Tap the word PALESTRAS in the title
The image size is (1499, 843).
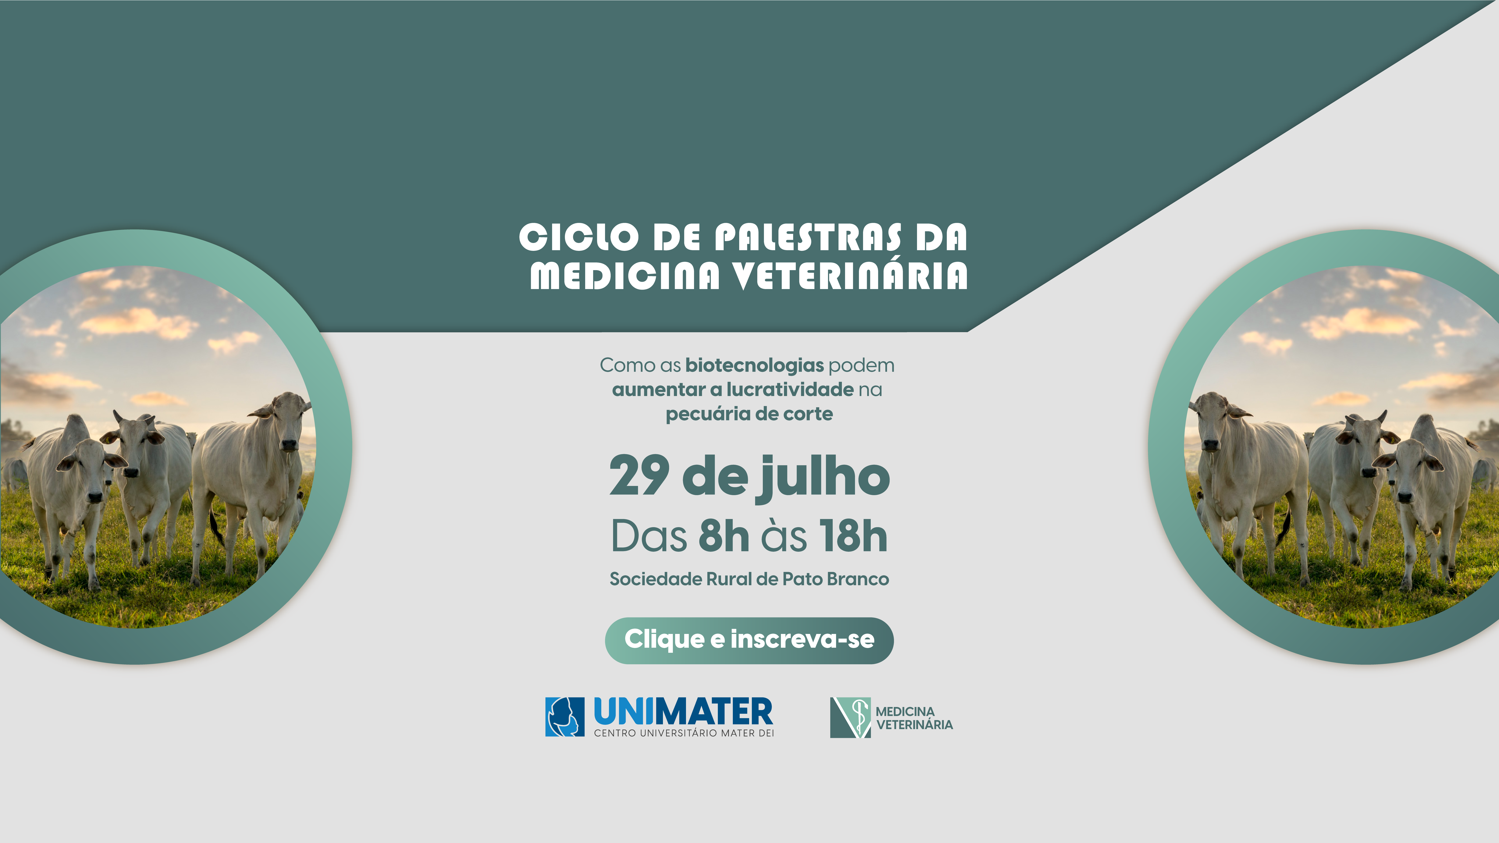pyautogui.click(x=809, y=237)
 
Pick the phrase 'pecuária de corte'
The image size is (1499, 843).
pyautogui.click(x=749, y=414)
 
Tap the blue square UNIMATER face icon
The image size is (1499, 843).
pyautogui.click(x=564, y=717)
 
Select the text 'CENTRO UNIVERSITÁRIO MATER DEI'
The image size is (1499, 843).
pyautogui.click(x=684, y=733)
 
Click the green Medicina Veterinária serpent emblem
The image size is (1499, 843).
pyautogui.click(x=850, y=717)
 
